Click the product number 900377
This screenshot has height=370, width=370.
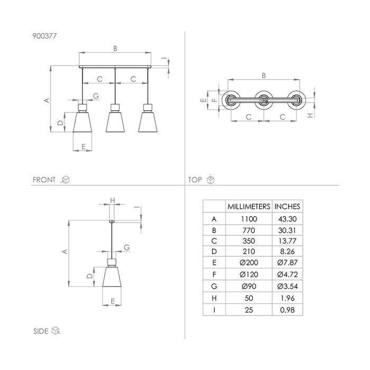click(44, 36)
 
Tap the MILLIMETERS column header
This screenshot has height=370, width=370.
click(249, 207)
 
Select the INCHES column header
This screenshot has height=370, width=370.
click(287, 207)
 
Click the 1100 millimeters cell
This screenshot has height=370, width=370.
click(249, 219)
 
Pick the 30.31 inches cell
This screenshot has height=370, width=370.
click(287, 230)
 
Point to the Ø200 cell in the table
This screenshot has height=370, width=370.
click(249, 262)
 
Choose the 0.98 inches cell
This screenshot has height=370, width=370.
click(288, 310)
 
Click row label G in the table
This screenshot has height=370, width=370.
click(214, 286)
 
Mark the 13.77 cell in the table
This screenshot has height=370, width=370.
click(287, 241)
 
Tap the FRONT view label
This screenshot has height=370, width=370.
click(44, 180)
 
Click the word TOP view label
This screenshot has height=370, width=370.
click(195, 180)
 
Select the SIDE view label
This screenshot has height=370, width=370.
click(41, 331)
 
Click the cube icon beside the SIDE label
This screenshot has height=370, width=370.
click(56, 330)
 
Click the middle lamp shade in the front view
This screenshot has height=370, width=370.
click(115, 122)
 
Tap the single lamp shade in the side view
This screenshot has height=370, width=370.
click(112, 276)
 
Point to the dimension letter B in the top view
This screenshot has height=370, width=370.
click(264, 76)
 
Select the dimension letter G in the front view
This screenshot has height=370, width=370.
click(96, 96)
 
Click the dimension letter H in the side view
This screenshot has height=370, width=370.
click(113, 200)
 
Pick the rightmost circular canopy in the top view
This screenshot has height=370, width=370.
click(297, 100)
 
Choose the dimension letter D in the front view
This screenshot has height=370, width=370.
click(61, 123)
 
